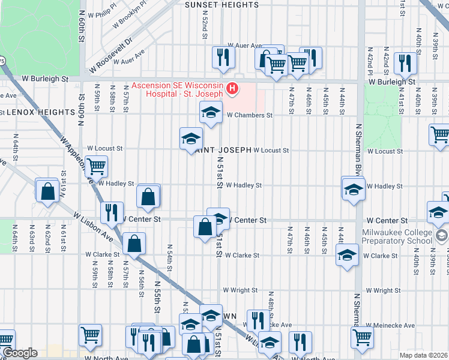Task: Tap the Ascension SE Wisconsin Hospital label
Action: click(x=178, y=89)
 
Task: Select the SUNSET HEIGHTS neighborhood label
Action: click(x=221, y=5)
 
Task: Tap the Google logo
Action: click(x=19, y=353)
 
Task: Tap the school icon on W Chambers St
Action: click(x=211, y=112)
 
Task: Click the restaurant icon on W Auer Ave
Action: click(x=223, y=58)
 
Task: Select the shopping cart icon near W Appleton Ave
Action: click(x=96, y=166)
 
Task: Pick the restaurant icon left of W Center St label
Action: click(x=111, y=212)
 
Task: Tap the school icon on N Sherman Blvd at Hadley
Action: click(x=354, y=188)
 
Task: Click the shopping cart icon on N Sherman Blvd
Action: click(x=362, y=337)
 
